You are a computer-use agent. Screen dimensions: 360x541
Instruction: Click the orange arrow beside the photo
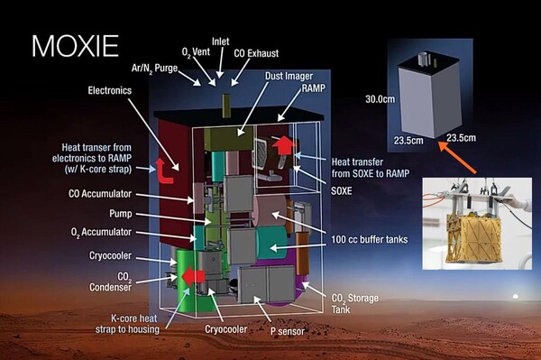(467, 151)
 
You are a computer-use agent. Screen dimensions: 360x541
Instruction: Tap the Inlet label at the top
(221, 41)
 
